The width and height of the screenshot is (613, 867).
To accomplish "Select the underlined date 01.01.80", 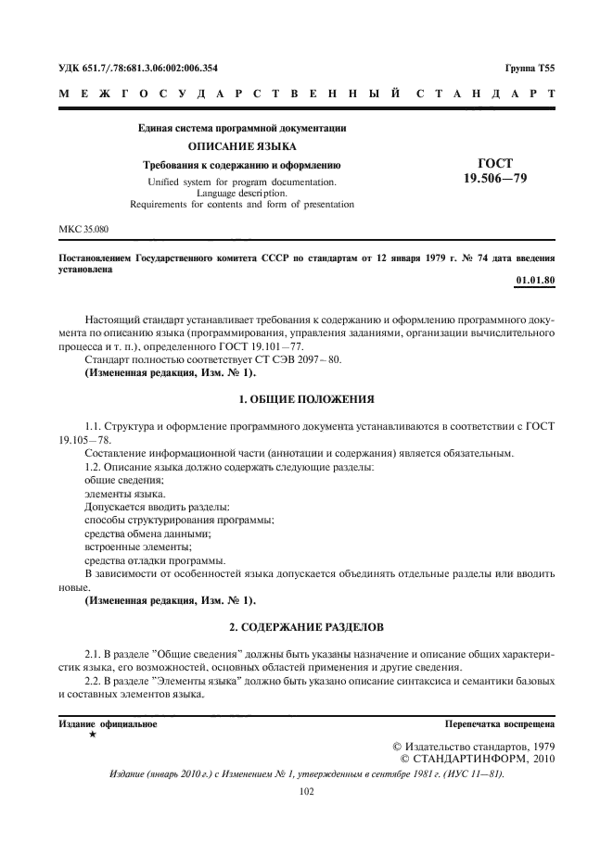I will (534, 280).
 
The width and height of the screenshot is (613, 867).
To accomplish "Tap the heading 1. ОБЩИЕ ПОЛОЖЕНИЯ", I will (306, 399).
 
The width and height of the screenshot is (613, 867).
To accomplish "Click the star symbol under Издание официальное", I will (92, 733).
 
